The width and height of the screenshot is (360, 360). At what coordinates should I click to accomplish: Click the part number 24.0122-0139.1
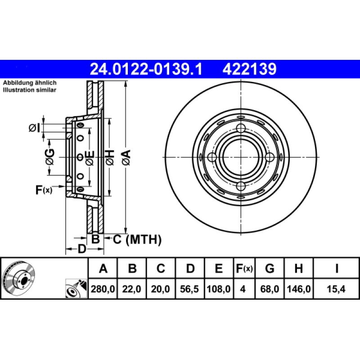click(x=146, y=69)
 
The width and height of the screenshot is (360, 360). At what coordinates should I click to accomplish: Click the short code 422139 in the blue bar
click(x=248, y=69)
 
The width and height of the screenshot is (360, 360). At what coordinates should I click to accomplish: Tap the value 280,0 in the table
click(x=103, y=290)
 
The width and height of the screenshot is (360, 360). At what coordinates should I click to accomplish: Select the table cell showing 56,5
click(x=190, y=290)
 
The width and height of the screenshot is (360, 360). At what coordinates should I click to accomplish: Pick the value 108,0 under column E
click(x=218, y=290)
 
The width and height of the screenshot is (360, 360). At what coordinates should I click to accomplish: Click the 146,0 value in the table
click(x=298, y=290)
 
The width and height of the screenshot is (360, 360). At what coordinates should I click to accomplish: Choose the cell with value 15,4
click(x=336, y=290)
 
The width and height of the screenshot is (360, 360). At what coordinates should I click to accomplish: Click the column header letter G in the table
click(x=270, y=269)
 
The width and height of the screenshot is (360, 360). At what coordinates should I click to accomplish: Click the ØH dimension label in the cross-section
click(x=110, y=157)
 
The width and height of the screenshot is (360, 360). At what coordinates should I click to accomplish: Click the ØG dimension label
click(x=50, y=157)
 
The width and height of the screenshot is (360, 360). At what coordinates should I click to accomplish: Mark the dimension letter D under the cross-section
click(x=81, y=249)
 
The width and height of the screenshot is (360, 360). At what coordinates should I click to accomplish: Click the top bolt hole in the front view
click(x=241, y=128)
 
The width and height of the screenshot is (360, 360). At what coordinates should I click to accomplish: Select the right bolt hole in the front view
click(x=270, y=157)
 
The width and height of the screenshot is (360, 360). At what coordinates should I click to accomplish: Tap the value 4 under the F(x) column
click(x=243, y=290)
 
